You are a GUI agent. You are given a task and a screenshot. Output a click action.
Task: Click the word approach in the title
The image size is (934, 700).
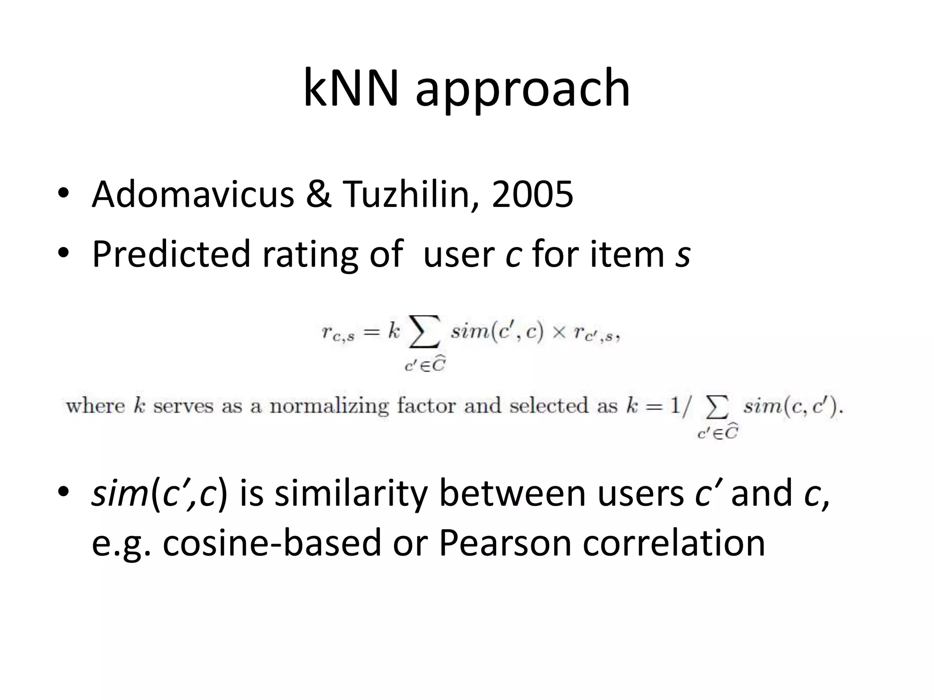pos(523,91)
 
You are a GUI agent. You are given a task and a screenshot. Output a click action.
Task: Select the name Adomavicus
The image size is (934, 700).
pos(193,194)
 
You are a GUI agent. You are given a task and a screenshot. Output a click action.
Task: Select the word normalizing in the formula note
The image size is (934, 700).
pos(329,406)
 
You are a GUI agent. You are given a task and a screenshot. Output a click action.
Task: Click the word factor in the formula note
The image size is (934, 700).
pos(426,406)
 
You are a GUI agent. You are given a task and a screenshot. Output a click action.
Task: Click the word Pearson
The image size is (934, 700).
pos(505,543)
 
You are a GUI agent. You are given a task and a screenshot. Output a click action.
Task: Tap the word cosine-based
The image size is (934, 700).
pos(272,543)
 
